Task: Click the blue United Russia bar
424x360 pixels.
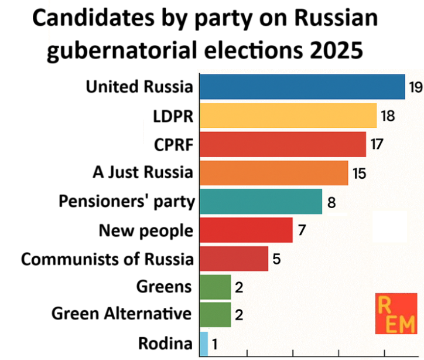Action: click(302, 87)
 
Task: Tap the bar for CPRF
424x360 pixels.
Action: click(283, 144)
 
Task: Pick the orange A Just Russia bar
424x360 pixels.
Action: click(274, 173)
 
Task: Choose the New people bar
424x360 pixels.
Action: click(246, 230)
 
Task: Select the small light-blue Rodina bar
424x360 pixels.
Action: click(204, 344)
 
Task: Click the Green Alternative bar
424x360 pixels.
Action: click(216, 315)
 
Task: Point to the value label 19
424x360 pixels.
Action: click(416, 87)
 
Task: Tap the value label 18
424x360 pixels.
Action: click(388, 116)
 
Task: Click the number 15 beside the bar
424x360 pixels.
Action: click(359, 173)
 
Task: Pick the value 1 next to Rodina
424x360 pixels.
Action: click(215, 344)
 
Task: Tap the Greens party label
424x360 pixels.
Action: click(164, 287)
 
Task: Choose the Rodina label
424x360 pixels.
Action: click(166, 344)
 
